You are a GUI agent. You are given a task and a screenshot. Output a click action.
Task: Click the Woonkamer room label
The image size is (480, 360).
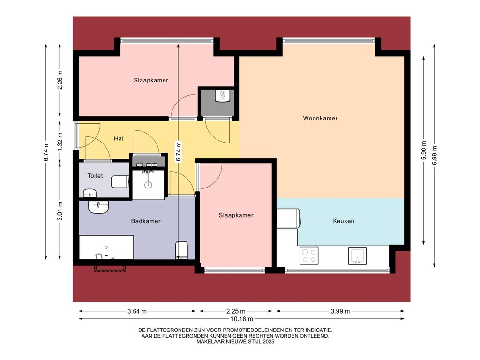point(320,118)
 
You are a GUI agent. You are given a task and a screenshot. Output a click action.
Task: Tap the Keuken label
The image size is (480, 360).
point(343,221)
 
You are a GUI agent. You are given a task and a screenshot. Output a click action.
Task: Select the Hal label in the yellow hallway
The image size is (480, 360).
point(119,139)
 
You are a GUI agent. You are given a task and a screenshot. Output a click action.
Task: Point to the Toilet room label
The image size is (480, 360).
point(95,176)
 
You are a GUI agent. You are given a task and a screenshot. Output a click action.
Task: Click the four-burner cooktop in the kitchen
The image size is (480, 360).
point(308,255)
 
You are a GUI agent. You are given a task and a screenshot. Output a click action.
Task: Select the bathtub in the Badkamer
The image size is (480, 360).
point(106,247)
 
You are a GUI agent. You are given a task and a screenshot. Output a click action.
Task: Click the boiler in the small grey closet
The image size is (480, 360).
point(222,96)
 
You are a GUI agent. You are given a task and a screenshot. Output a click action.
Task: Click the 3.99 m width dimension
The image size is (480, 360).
point(340,311)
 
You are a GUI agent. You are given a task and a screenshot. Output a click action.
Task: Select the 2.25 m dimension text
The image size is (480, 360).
point(236,311)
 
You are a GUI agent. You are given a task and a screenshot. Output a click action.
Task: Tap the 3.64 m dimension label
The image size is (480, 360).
point(137,311)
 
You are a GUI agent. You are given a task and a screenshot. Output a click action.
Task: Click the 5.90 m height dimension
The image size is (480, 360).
point(424,150)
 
